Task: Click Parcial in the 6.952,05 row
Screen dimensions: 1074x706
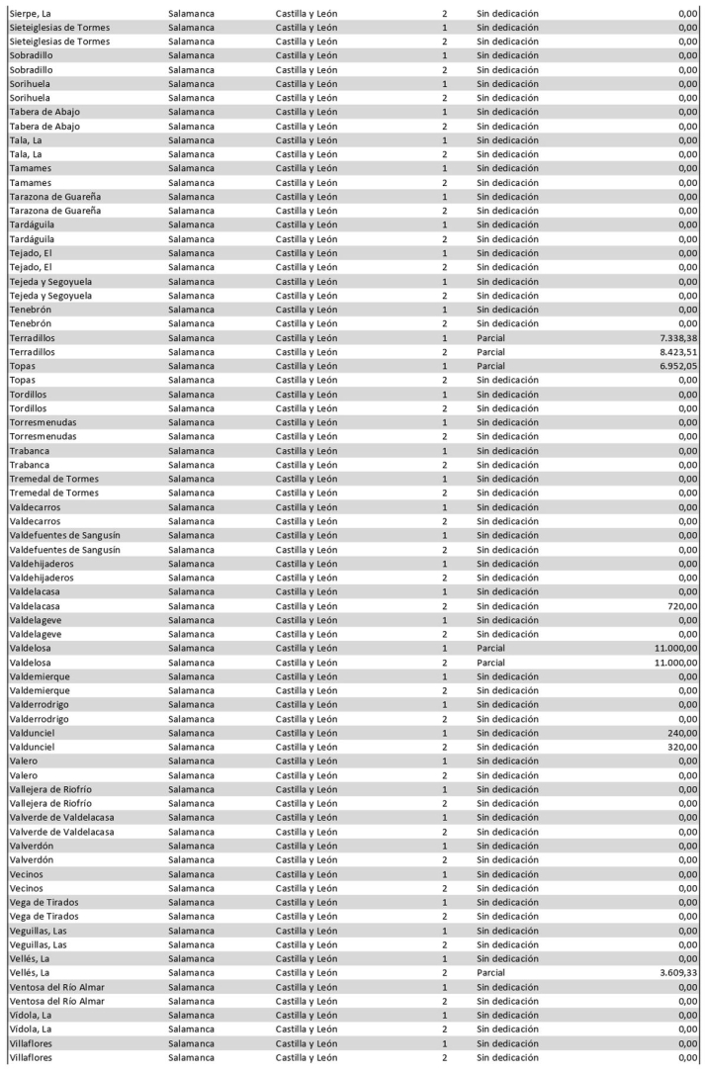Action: [490, 366]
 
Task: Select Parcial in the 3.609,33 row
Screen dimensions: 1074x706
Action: [490, 973]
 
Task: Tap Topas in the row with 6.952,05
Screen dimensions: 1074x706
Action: [22, 366]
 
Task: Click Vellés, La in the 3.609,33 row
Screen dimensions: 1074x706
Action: [30, 973]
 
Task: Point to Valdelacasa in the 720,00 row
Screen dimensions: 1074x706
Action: [35, 606]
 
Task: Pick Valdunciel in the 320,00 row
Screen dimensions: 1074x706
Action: [32, 747]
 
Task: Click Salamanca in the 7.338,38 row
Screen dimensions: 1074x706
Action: [191, 338]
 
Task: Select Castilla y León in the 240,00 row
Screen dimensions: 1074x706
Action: [307, 733]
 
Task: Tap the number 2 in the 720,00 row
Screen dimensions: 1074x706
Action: [445, 606]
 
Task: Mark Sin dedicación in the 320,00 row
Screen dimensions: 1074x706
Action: [507, 747]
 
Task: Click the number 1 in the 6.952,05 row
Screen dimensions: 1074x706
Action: [445, 366]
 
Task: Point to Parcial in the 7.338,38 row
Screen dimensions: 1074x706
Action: [490, 338]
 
